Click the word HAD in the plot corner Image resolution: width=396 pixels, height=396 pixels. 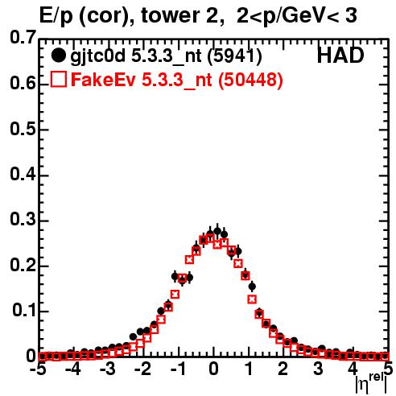coord(340,56)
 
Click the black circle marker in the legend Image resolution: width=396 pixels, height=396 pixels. coord(58,56)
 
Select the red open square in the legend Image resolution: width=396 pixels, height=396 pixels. coord(59,79)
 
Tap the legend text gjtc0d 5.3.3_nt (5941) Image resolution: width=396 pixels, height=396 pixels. coord(166,56)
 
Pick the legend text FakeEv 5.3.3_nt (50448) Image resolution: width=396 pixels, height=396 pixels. coord(177,80)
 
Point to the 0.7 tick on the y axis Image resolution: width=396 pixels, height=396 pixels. coord(23,38)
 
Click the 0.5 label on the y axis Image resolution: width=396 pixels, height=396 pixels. coord(23,130)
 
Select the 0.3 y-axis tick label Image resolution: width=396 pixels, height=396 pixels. coord(23,220)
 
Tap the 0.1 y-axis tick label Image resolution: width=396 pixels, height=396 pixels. coord(23,311)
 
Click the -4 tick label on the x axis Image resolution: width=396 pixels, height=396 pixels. coord(73,369)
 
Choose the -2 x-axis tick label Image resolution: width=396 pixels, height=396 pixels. coord(143,369)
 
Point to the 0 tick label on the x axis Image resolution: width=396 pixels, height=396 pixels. coord(213,369)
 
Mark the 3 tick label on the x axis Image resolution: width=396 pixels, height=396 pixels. coord(318,369)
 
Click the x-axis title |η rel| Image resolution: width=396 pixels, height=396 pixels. coord(371,384)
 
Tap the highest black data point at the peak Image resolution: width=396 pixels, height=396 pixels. coord(217,231)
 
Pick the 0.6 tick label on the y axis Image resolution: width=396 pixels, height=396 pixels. coord(23,84)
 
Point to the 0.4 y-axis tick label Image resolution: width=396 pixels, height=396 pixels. coord(23,175)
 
